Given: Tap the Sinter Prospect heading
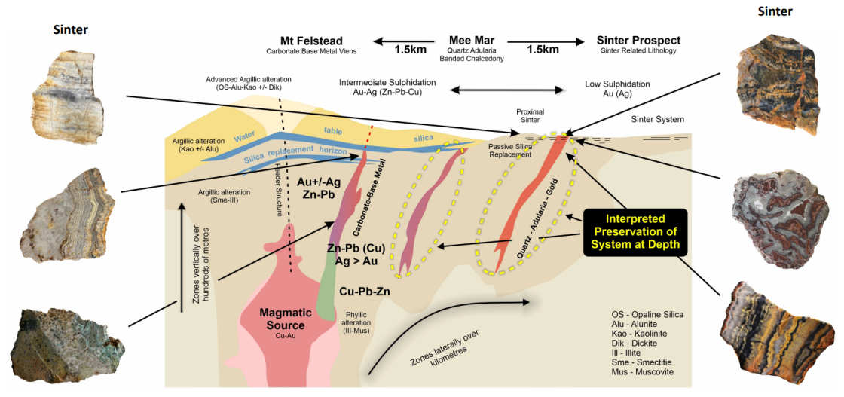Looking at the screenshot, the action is click(x=638, y=41).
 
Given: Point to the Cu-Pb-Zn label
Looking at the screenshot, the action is click(x=365, y=291).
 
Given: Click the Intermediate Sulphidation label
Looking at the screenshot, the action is click(x=387, y=87).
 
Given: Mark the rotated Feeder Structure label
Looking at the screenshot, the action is click(x=280, y=189).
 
